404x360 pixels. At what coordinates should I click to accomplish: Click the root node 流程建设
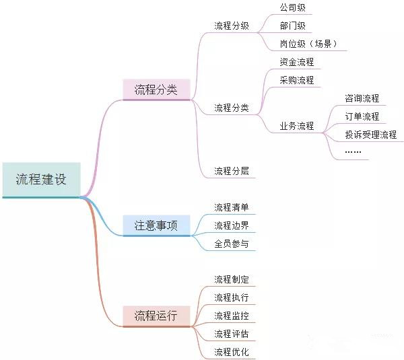[x=42, y=180]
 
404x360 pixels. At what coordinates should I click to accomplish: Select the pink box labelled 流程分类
[x=156, y=89]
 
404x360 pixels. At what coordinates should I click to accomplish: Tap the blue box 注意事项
[x=156, y=225]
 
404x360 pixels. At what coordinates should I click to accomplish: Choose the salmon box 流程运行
[x=156, y=316]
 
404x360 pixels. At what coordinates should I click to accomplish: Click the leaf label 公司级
[x=293, y=7]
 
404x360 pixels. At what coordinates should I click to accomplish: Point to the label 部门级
[x=293, y=26]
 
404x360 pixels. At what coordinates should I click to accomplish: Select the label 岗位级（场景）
[x=308, y=44]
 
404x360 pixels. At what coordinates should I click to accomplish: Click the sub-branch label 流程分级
[x=232, y=26]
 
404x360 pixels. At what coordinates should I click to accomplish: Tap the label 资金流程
[x=297, y=62]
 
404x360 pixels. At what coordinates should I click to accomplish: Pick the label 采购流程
[x=297, y=80]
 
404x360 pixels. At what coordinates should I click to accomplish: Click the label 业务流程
[x=297, y=126]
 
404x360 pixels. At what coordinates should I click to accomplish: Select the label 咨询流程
[x=362, y=98]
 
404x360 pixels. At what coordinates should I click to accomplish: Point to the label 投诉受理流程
[x=371, y=135]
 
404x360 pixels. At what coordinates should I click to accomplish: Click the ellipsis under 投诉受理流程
[x=353, y=151]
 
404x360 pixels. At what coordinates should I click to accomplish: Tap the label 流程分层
[x=232, y=171]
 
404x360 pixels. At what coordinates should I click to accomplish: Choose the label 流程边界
[x=232, y=225]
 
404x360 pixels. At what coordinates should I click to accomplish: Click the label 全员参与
[x=232, y=244]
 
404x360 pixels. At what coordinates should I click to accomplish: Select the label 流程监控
[x=232, y=316]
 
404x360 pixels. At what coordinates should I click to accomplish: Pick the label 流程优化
[x=232, y=352]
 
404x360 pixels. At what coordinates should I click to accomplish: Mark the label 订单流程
[x=362, y=116]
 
